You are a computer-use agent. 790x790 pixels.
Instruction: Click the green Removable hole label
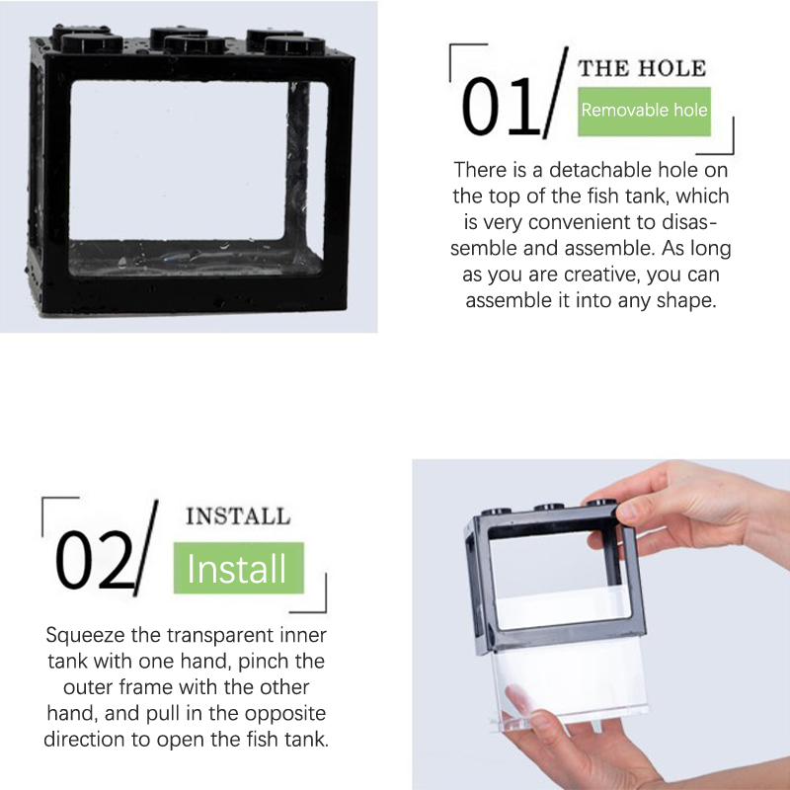[644, 112]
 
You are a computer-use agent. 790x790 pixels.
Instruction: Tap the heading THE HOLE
[642, 68]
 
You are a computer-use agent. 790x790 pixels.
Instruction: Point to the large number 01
[501, 107]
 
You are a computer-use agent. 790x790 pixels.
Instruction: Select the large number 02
[94, 560]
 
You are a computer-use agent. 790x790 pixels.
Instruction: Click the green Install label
[238, 568]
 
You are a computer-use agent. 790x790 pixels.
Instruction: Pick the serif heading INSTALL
[238, 516]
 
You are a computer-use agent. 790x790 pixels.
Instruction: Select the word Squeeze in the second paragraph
[86, 636]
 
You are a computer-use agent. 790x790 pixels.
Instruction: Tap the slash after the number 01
[556, 93]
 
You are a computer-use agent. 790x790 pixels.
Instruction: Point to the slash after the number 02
[146, 548]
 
